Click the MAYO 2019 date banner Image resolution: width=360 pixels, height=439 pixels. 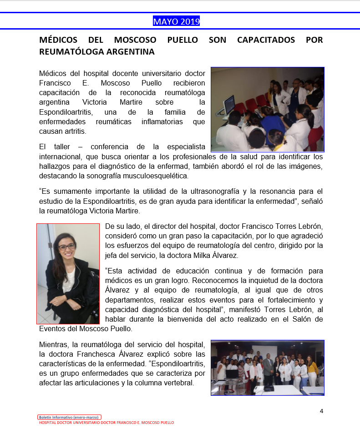click(176, 21)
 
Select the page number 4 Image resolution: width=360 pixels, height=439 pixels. click(321, 411)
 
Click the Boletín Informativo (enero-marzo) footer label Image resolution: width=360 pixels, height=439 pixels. click(69, 417)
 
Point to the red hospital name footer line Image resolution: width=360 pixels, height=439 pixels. click(106, 423)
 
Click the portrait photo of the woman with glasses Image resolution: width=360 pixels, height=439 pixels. click(68, 273)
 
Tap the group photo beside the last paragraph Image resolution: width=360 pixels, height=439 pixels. click(267, 368)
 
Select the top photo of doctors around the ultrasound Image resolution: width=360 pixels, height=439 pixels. click(267, 109)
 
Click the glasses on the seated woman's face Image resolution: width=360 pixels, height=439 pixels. click(66, 246)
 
